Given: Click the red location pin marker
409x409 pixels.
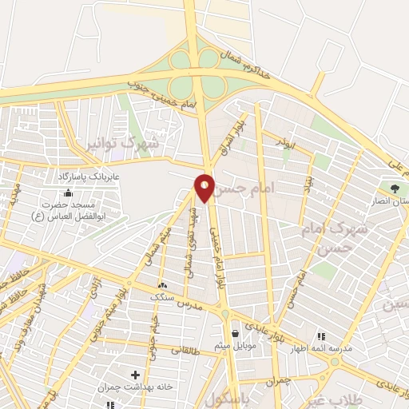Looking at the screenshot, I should (x=204, y=187).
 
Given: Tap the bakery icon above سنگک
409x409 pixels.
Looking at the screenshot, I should (x=163, y=284).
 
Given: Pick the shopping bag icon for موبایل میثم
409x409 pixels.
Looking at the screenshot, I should (x=235, y=334).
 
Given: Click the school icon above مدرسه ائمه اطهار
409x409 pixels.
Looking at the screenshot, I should (x=322, y=337).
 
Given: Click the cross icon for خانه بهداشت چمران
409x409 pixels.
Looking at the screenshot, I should (x=135, y=375).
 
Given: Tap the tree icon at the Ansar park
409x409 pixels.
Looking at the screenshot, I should (x=395, y=188).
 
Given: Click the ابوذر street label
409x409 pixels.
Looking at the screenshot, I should (x=290, y=139).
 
